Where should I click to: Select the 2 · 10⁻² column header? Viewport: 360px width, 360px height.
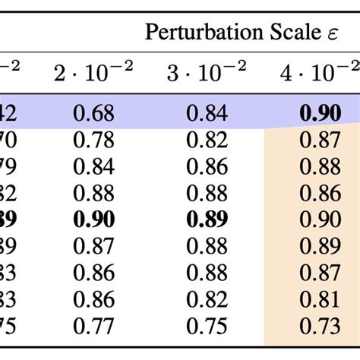tap(93, 73)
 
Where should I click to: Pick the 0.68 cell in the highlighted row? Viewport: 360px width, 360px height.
tap(93, 114)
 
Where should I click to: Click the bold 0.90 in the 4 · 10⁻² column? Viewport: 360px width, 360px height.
tap(321, 114)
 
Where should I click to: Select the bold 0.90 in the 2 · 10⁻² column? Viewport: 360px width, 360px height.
tap(93, 219)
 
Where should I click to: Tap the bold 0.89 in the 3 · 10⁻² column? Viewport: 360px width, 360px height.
tap(206, 219)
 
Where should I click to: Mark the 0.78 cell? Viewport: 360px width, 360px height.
tap(93, 141)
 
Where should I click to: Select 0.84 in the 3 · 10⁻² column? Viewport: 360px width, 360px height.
tap(206, 114)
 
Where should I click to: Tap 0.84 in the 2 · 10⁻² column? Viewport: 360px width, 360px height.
tap(93, 167)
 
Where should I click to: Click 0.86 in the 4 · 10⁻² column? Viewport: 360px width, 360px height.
tap(321, 193)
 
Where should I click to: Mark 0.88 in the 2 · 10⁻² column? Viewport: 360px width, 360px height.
tap(93, 193)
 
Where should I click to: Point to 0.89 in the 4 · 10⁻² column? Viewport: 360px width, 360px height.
tap(321, 246)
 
